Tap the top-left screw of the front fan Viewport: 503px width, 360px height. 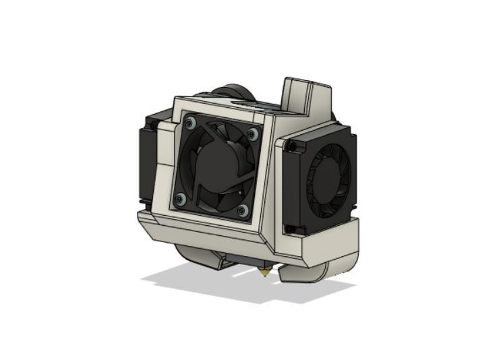pyautogui.click(x=190, y=123)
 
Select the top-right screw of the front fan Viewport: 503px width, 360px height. pyautogui.click(x=253, y=133)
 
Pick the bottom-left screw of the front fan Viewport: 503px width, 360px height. pyautogui.click(x=179, y=199)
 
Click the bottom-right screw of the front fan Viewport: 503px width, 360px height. pyautogui.click(x=243, y=211)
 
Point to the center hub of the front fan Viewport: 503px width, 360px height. pyautogui.click(x=216, y=165)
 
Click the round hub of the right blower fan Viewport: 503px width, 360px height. pyautogui.click(x=326, y=177)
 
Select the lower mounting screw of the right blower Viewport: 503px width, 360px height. pyautogui.click(x=290, y=229)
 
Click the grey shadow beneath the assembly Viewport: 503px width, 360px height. pyautogui.click(x=202, y=280)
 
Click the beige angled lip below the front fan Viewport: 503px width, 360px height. pyautogui.click(x=202, y=226)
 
